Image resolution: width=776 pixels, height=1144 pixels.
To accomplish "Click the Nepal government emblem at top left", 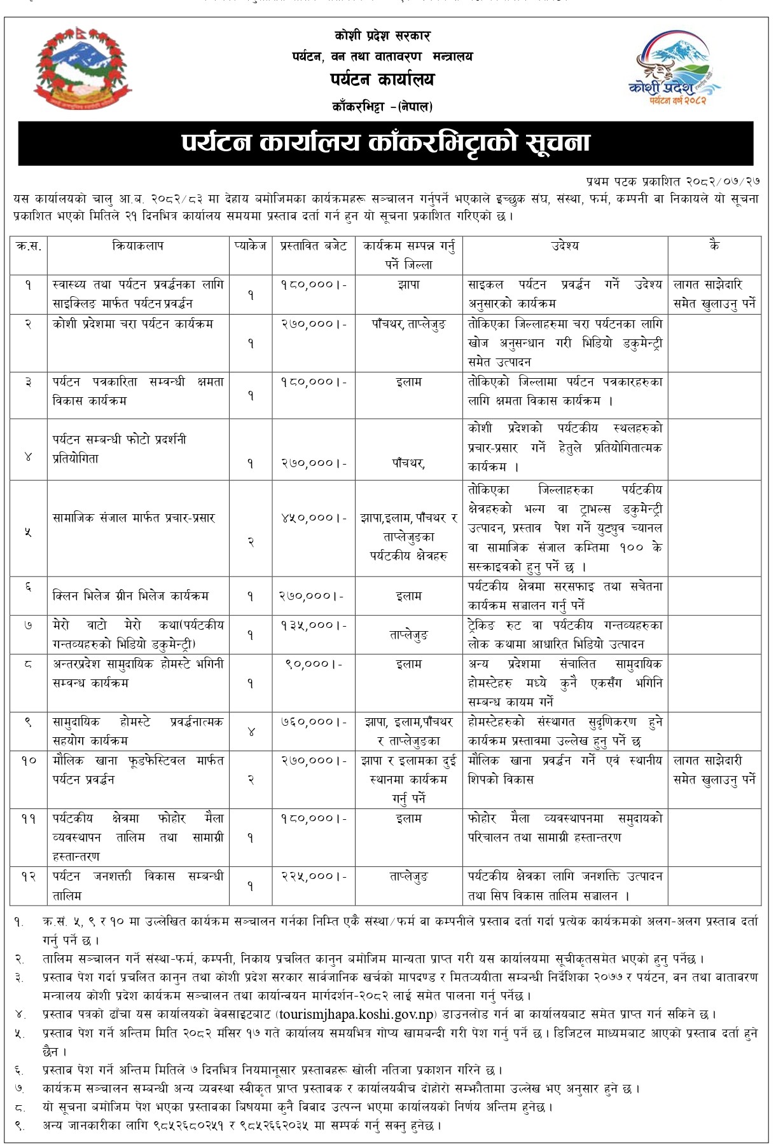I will (83, 71).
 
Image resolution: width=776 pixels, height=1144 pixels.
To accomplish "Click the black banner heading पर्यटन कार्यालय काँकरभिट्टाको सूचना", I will (385, 143).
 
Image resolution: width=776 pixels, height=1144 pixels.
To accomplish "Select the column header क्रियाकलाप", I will (137, 246).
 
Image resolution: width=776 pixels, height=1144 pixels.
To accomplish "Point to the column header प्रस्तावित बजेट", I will (314, 246).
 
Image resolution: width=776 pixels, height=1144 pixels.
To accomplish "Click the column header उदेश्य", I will (565, 246).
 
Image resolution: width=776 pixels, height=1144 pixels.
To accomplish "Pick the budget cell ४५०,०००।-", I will (314, 518).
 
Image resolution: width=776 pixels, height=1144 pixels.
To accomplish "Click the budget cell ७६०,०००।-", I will (314, 722).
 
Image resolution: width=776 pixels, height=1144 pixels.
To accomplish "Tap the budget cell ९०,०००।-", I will (314, 664).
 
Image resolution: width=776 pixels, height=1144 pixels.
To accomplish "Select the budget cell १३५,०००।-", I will (314, 625).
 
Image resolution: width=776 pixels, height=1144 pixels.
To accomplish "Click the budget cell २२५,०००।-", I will (314, 876).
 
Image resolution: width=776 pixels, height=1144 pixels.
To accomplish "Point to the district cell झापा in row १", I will (408, 285).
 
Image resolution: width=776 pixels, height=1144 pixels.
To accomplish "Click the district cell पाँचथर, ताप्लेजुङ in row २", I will (408, 324).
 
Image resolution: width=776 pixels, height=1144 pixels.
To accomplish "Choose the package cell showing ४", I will (251, 732).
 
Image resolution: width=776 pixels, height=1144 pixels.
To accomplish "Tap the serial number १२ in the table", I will (29, 876).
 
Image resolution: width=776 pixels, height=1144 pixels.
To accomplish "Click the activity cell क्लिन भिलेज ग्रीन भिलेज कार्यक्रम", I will (131, 596).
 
